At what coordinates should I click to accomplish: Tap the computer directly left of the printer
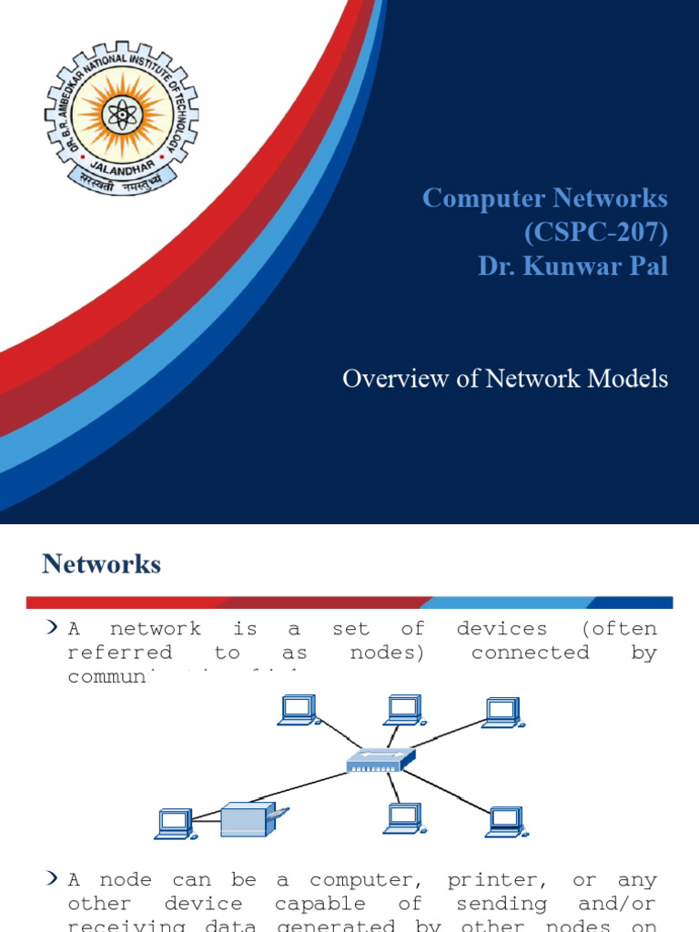click(173, 824)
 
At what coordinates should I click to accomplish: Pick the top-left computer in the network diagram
click(297, 710)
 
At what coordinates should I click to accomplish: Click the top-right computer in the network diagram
click(501, 713)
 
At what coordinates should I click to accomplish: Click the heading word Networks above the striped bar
click(101, 564)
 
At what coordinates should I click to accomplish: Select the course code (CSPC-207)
click(595, 233)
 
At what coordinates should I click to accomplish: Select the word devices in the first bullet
click(501, 629)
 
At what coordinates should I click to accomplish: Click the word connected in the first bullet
click(530, 653)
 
